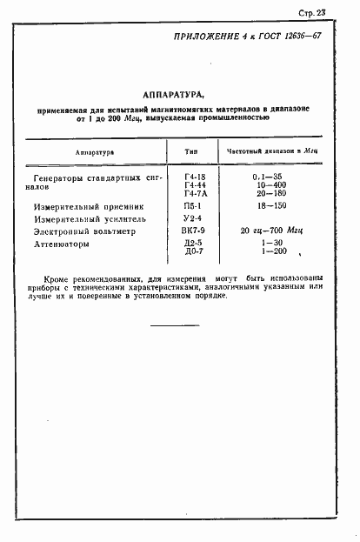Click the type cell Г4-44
(x=192, y=185)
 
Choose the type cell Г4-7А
(x=192, y=195)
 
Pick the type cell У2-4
(x=192, y=221)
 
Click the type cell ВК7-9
(x=192, y=233)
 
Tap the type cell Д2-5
(x=192, y=244)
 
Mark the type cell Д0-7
(x=192, y=253)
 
